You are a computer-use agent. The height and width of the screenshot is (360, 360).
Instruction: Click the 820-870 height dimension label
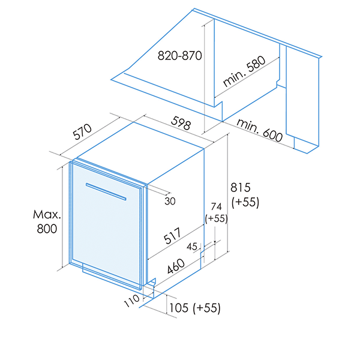coord(179,56)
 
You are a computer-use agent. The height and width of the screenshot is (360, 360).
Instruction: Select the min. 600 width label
coord(259,131)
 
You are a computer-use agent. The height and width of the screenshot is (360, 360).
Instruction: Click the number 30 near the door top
coord(170,201)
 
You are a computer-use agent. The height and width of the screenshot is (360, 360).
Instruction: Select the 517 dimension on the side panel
coord(174,239)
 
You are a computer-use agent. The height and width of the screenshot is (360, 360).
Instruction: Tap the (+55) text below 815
coord(243,202)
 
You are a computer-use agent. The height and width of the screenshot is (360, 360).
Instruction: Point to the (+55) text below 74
coord(216,219)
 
